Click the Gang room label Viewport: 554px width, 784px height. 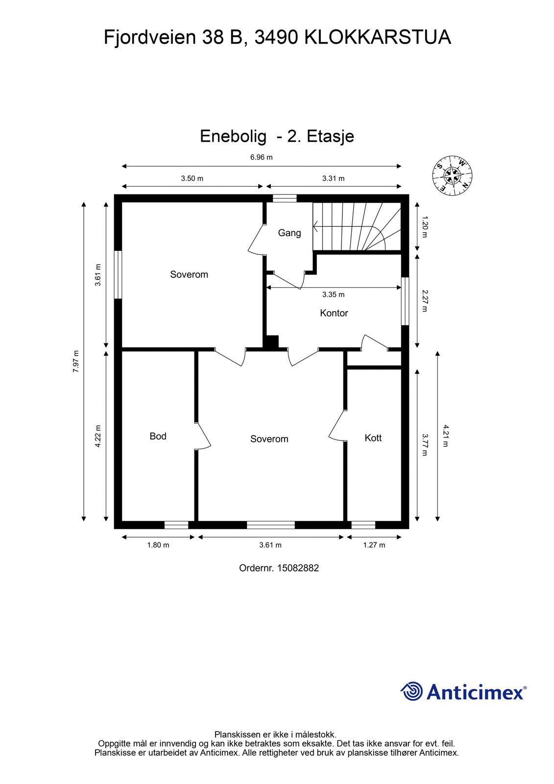tap(289, 233)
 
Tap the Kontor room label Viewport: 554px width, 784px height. tap(334, 313)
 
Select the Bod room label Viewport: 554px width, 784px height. tap(158, 436)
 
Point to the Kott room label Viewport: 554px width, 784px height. tap(373, 438)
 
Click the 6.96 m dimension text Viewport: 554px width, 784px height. tap(262, 157)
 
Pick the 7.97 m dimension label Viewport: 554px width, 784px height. tap(75, 361)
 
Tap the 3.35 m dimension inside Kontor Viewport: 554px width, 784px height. tap(334, 294)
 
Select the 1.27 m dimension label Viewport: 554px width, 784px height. tap(374, 545)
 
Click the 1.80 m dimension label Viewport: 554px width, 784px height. tap(158, 545)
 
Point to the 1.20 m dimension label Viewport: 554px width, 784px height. tap(425, 227)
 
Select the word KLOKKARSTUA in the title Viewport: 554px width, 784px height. tap(378, 38)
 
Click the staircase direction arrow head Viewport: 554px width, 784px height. tap(315, 227)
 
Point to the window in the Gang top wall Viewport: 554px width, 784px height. tap(285, 198)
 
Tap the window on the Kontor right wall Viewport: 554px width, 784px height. tap(405, 301)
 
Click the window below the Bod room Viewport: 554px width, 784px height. tap(176, 525)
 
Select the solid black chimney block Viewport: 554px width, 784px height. tap(271, 342)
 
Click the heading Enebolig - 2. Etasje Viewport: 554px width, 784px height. tap(277, 136)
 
